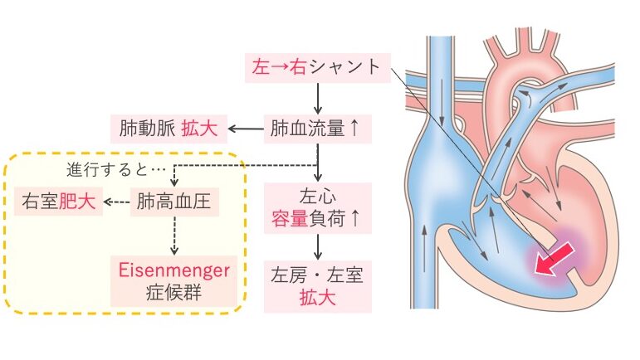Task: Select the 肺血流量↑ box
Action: coord(316,129)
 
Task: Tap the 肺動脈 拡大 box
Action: coord(166,129)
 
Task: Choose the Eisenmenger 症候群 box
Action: coord(175,281)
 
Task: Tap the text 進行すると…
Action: coord(105,170)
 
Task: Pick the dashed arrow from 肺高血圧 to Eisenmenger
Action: coord(175,236)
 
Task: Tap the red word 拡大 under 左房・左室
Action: coord(316,298)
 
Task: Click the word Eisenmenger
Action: coord(175,270)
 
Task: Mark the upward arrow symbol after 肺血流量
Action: coord(354,129)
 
